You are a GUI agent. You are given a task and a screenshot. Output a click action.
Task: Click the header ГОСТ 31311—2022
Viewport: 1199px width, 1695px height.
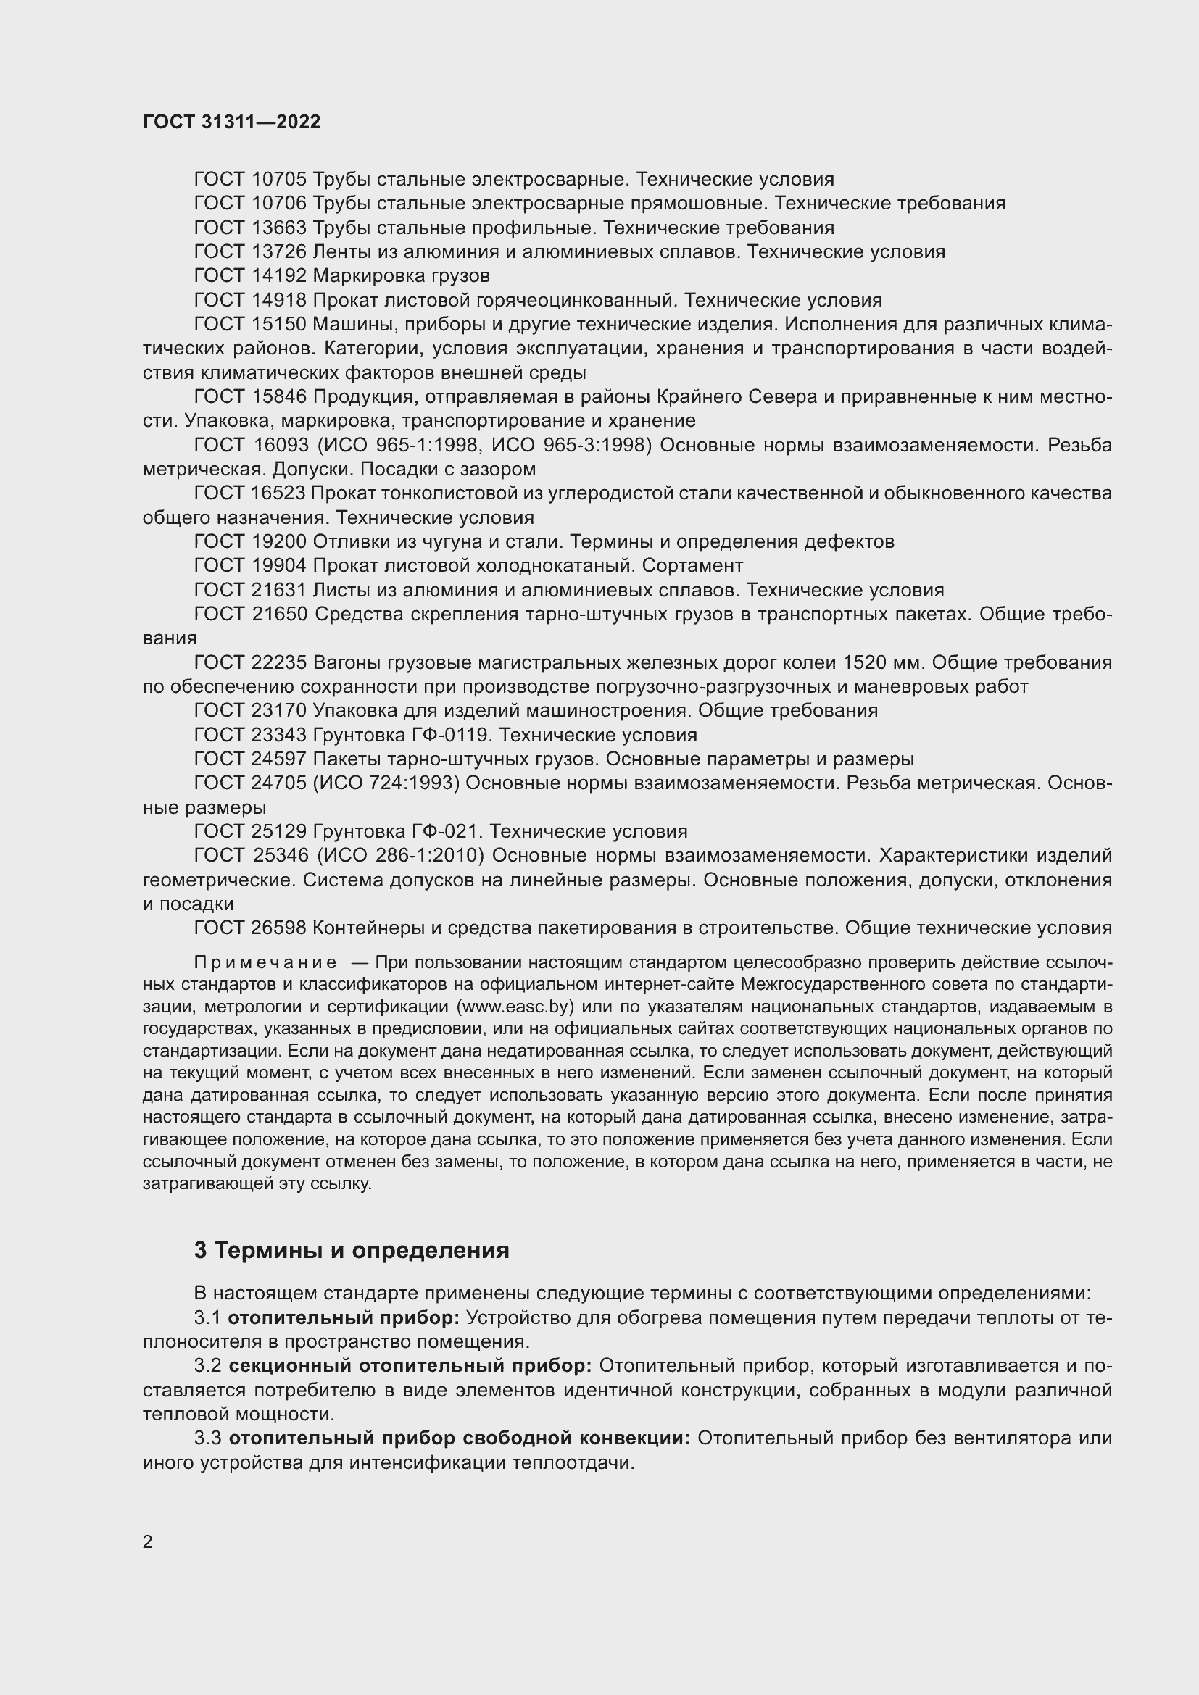pos(232,122)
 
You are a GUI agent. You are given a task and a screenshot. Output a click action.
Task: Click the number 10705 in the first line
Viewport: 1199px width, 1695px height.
pos(279,180)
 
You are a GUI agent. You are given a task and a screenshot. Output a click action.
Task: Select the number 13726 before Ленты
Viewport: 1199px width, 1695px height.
pos(279,251)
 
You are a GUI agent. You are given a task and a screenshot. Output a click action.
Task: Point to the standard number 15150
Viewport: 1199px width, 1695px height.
pos(279,324)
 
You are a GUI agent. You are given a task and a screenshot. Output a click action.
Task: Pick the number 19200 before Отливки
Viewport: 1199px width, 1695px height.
pos(279,542)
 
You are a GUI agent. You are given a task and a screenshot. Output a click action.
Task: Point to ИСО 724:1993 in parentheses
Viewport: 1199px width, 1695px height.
pos(387,783)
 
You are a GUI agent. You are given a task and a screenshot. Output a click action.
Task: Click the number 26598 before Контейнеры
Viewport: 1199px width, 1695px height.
pos(279,928)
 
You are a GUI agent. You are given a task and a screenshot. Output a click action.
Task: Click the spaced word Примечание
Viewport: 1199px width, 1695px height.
pos(265,962)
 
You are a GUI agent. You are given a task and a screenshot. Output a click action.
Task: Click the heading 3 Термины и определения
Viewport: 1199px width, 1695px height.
pos(352,1250)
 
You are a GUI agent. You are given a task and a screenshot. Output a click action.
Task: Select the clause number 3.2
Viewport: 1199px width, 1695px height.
pos(207,1367)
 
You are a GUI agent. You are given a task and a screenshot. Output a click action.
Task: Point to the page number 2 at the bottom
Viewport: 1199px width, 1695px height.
pos(148,1542)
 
